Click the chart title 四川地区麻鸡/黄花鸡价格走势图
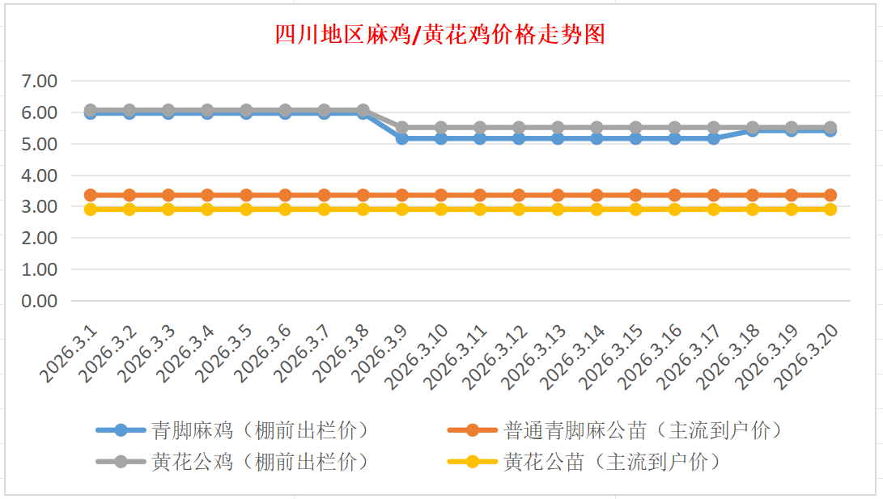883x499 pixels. (x=440, y=35)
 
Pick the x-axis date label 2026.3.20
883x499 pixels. (x=805, y=356)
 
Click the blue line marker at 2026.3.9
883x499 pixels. (x=402, y=139)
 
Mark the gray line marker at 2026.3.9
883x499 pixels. (x=402, y=128)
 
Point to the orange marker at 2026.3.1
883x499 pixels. (x=91, y=195)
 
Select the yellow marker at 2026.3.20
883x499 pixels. (x=830, y=209)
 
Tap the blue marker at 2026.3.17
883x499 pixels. (x=714, y=139)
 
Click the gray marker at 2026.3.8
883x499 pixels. (x=363, y=110)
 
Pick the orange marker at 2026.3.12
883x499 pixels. (x=519, y=195)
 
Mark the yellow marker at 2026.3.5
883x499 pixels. (x=246, y=209)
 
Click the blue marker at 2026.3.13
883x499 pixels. (x=558, y=139)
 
